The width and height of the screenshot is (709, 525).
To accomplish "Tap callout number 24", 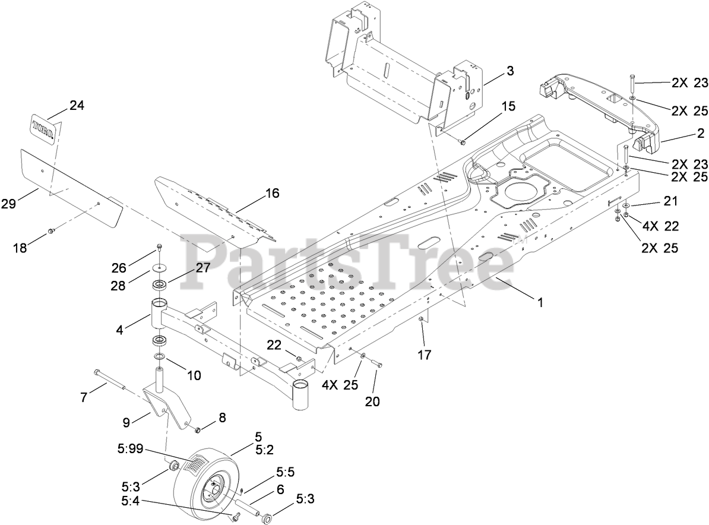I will pos(77,106).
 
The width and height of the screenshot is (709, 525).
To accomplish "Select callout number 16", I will pos(272,194).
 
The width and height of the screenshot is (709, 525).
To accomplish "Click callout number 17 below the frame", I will pos(423,355).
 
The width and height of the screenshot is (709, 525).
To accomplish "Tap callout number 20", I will pos(372,401).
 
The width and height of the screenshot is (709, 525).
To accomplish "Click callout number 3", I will pos(509,72).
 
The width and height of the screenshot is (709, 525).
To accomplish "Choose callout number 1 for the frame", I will pos(540,302).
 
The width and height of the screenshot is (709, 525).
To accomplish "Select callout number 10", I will pos(194,375).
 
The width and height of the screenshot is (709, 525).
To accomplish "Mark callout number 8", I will pos(222,418).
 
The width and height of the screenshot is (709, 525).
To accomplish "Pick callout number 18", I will pos(20,248).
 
